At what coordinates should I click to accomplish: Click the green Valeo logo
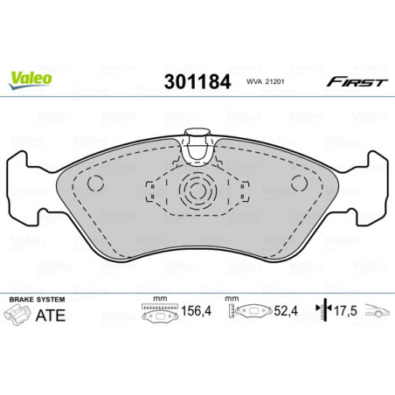(31, 78)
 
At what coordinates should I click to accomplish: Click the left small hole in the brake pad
(96, 184)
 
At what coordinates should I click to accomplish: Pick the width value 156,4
(192, 310)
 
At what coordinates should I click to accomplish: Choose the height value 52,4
(281, 310)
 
